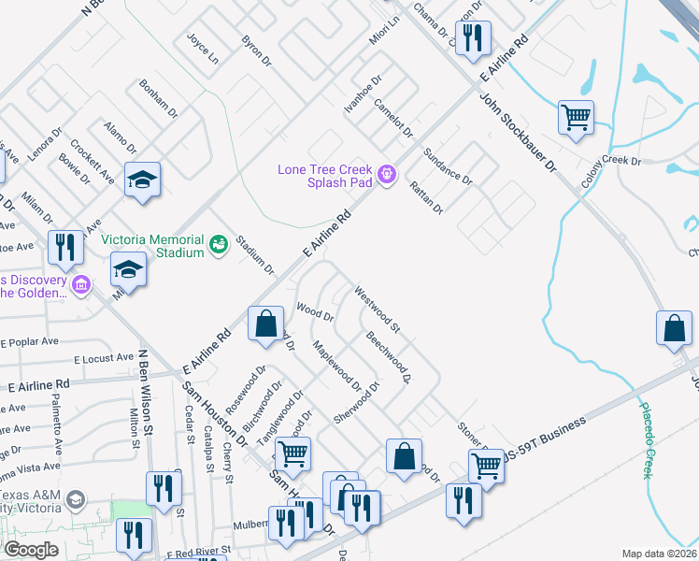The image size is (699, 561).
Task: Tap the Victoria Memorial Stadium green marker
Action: tap(219, 244)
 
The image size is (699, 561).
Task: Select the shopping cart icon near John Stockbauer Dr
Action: tap(576, 118)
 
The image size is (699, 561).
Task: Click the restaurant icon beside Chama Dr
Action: tap(473, 37)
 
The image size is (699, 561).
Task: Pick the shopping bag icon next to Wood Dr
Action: tap(266, 324)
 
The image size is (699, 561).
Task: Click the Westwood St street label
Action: tap(377, 309)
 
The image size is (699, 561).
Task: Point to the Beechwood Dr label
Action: tap(389, 357)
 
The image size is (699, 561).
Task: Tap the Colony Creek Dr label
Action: tap(610, 172)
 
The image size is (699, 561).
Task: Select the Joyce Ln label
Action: tap(203, 49)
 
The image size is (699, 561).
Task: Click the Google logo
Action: tap(31, 549)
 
